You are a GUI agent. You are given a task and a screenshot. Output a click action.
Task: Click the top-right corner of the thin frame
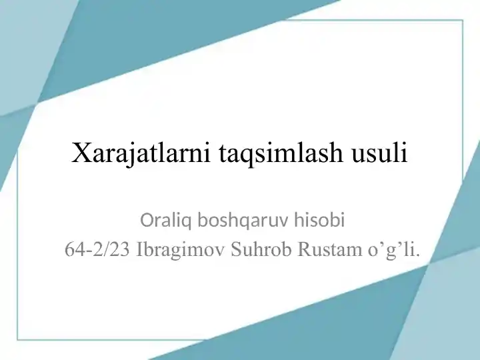click(462, 21)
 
